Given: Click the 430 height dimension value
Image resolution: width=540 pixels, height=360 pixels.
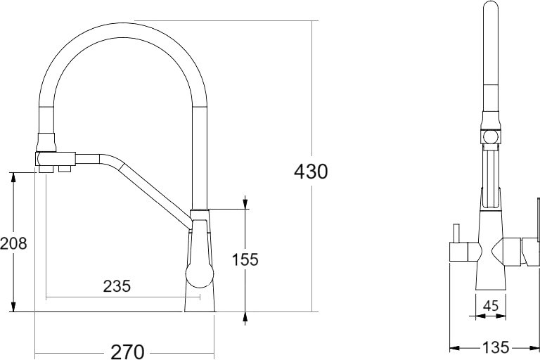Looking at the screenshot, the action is pyautogui.click(x=311, y=172).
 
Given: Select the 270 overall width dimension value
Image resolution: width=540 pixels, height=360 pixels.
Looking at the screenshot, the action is pyautogui.click(x=127, y=352).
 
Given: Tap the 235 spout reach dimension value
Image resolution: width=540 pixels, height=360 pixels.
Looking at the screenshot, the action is pyautogui.click(x=117, y=286).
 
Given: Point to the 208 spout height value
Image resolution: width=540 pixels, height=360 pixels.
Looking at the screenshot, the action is pyautogui.click(x=13, y=243).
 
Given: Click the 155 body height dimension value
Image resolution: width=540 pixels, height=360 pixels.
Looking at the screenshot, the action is pyautogui.click(x=245, y=259).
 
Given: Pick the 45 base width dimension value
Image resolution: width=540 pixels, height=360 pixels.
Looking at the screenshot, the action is pyautogui.click(x=491, y=306).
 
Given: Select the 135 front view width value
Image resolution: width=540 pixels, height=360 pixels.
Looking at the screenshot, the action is pyautogui.click(x=495, y=347).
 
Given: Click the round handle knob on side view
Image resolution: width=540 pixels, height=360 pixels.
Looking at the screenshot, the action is pyautogui.click(x=200, y=275).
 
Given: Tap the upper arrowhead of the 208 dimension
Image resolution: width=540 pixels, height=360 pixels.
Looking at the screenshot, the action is pyautogui.click(x=13, y=178).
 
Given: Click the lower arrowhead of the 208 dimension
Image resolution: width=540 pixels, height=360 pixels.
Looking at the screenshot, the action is pyautogui.click(x=13, y=306).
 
